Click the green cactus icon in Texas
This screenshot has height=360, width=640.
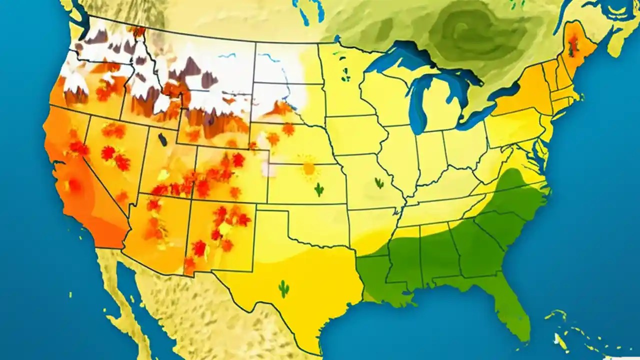pyautogui.click(x=284, y=289)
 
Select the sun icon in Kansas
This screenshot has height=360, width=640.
pyautogui.click(x=309, y=168)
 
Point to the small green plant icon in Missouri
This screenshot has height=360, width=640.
pyautogui.click(x=379, y=183)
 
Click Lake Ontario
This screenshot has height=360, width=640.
pyautogui.click(x=505, y=92)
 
